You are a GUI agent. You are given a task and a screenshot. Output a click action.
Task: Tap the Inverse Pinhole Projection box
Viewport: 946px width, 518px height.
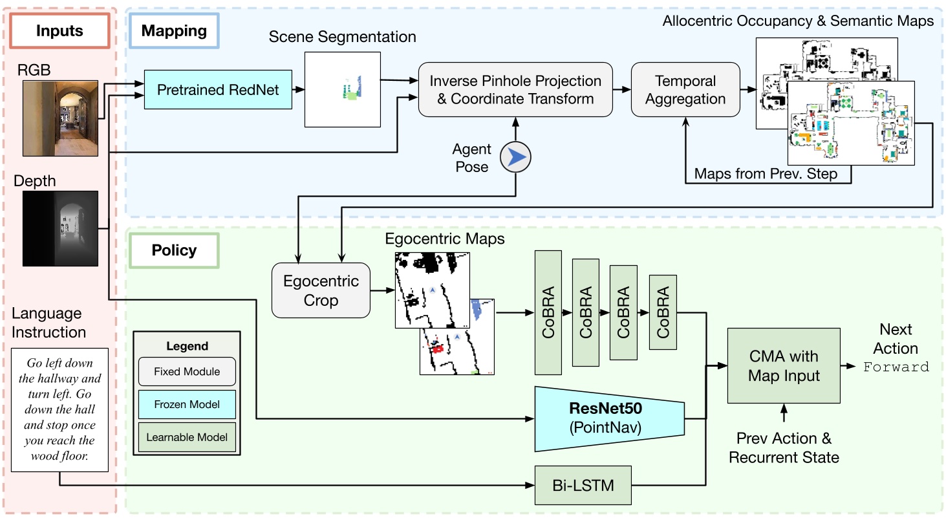pos(515,89)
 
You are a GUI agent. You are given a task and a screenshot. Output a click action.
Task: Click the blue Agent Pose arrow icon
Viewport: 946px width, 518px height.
pos(515,156)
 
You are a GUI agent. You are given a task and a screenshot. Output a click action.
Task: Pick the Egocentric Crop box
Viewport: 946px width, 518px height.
pos(320,290)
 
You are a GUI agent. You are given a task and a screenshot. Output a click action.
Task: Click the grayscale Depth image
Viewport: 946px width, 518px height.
pos(60,228)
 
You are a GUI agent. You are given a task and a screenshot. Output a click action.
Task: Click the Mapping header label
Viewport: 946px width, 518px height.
pos(174,30)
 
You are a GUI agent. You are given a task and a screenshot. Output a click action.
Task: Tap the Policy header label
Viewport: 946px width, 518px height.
pos(174,250)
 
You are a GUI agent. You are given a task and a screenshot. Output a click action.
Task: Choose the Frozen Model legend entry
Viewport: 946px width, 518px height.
pos(186,405)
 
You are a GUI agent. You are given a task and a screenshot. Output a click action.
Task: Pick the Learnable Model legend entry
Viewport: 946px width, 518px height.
pos(186,437)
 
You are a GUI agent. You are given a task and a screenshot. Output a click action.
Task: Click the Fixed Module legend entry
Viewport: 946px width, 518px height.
pos(186,372)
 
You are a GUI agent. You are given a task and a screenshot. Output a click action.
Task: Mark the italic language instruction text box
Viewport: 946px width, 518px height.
pos(60,411)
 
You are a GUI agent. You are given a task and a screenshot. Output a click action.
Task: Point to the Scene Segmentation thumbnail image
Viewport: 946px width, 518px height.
pos(342,89)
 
